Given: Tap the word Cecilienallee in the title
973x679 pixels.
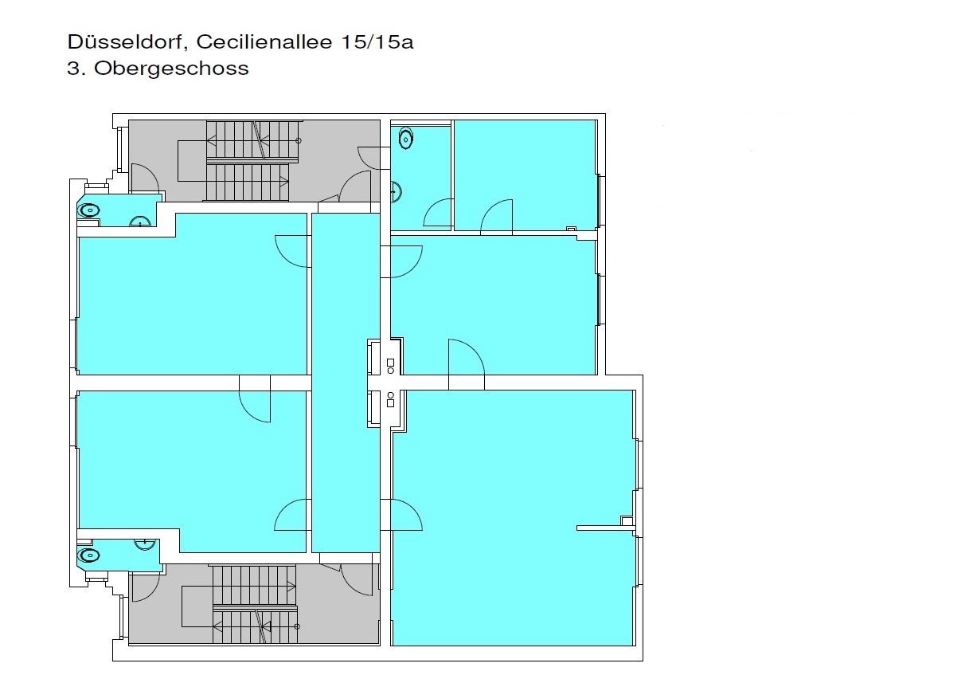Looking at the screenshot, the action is [264, 41].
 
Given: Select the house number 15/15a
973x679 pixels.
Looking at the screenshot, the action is [377, 41].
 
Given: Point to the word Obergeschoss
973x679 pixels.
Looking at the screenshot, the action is [171, 69].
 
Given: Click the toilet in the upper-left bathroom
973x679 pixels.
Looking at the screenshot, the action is [89, 211].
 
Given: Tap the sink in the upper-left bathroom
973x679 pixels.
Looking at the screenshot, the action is [140, 222].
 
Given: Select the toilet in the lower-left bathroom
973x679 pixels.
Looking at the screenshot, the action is [89, 555].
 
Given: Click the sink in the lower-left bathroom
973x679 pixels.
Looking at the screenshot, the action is [145, 544].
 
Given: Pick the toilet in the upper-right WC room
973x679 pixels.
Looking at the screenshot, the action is [405, 139].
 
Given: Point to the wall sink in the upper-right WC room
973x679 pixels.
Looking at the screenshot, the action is [397, 191].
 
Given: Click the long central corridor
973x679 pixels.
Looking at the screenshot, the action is [346, 383].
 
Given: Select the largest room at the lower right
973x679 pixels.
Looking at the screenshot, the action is [513, 517].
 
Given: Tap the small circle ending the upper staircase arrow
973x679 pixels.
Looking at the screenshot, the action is [299, 141].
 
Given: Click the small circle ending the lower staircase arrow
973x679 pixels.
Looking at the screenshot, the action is [297, 626].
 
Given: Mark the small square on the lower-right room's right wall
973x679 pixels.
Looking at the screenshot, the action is [627, 520].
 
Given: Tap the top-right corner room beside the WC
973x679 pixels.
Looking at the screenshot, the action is [525, 175].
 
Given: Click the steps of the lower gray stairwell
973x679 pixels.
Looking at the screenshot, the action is [254, 604].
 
